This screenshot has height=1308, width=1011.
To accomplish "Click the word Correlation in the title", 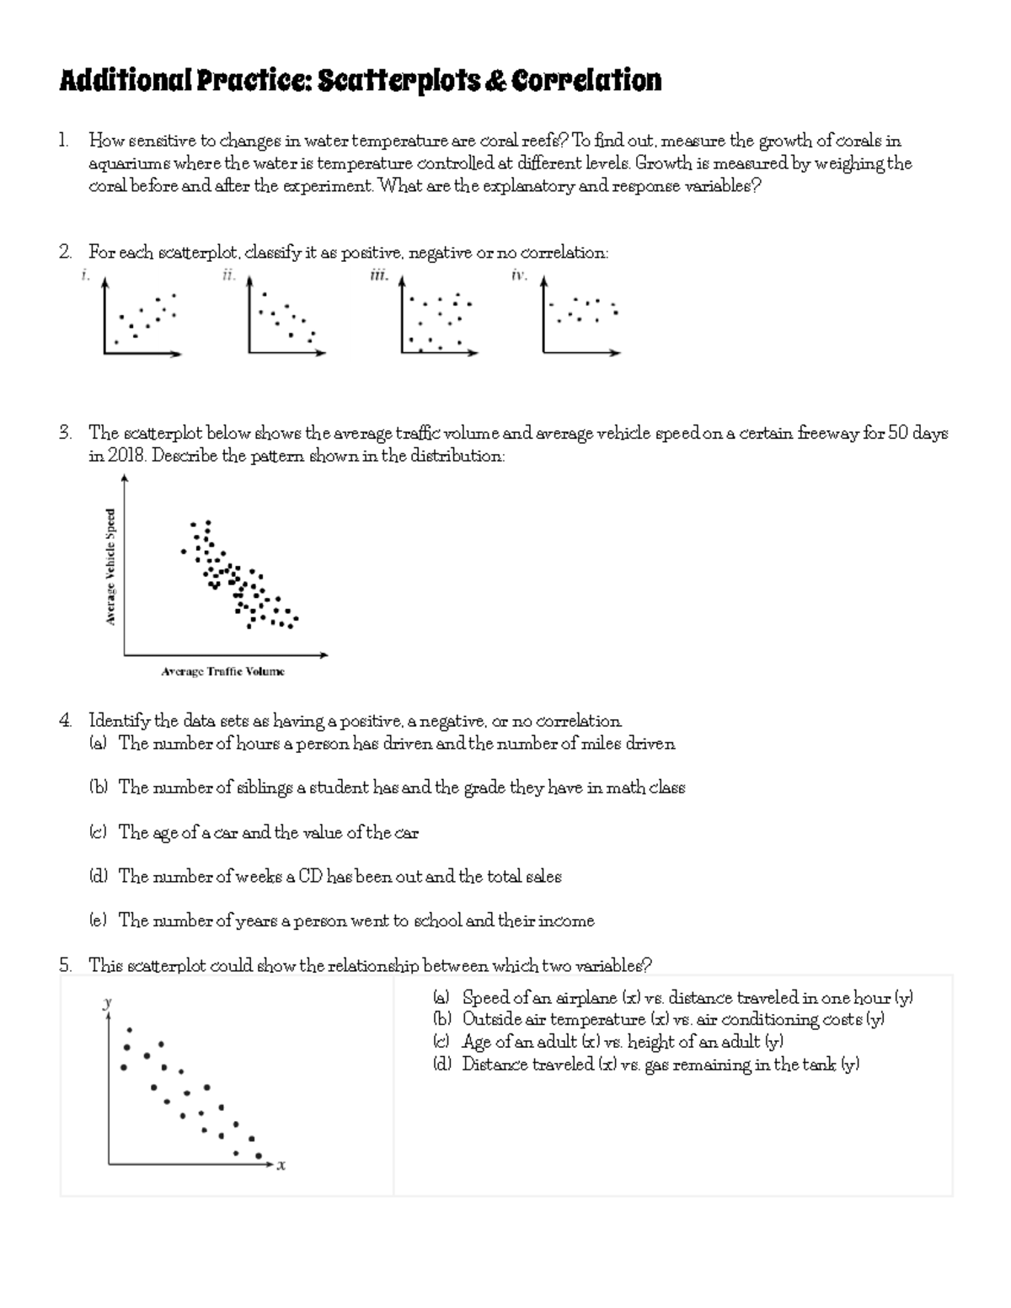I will (586, 81).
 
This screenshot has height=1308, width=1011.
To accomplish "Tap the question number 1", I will (64, 141).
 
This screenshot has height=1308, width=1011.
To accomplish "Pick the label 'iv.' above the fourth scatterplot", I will (519, 275).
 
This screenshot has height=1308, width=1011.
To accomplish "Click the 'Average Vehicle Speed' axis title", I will (110, 566).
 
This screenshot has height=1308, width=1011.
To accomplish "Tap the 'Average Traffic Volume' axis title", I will (222, 671).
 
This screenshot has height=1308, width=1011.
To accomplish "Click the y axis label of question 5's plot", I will (107, 1002).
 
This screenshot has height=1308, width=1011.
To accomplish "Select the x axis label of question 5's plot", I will (281, 1167).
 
